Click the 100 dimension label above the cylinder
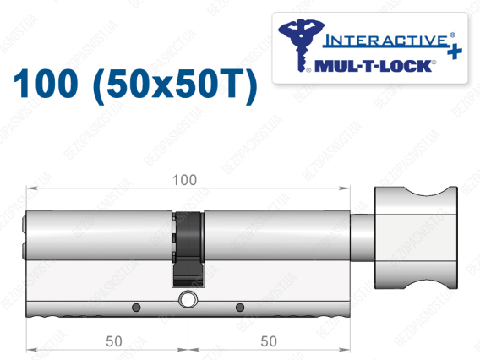click(184, 180)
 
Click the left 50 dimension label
click(114, 341)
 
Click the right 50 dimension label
click(269, 341)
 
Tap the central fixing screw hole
click(188, 300)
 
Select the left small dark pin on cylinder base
click(136, 307)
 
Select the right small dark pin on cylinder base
click(240, 307)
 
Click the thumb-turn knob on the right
click(416, 237)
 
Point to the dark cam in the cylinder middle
click(188, 248)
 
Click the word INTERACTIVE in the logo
click(385, 41)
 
